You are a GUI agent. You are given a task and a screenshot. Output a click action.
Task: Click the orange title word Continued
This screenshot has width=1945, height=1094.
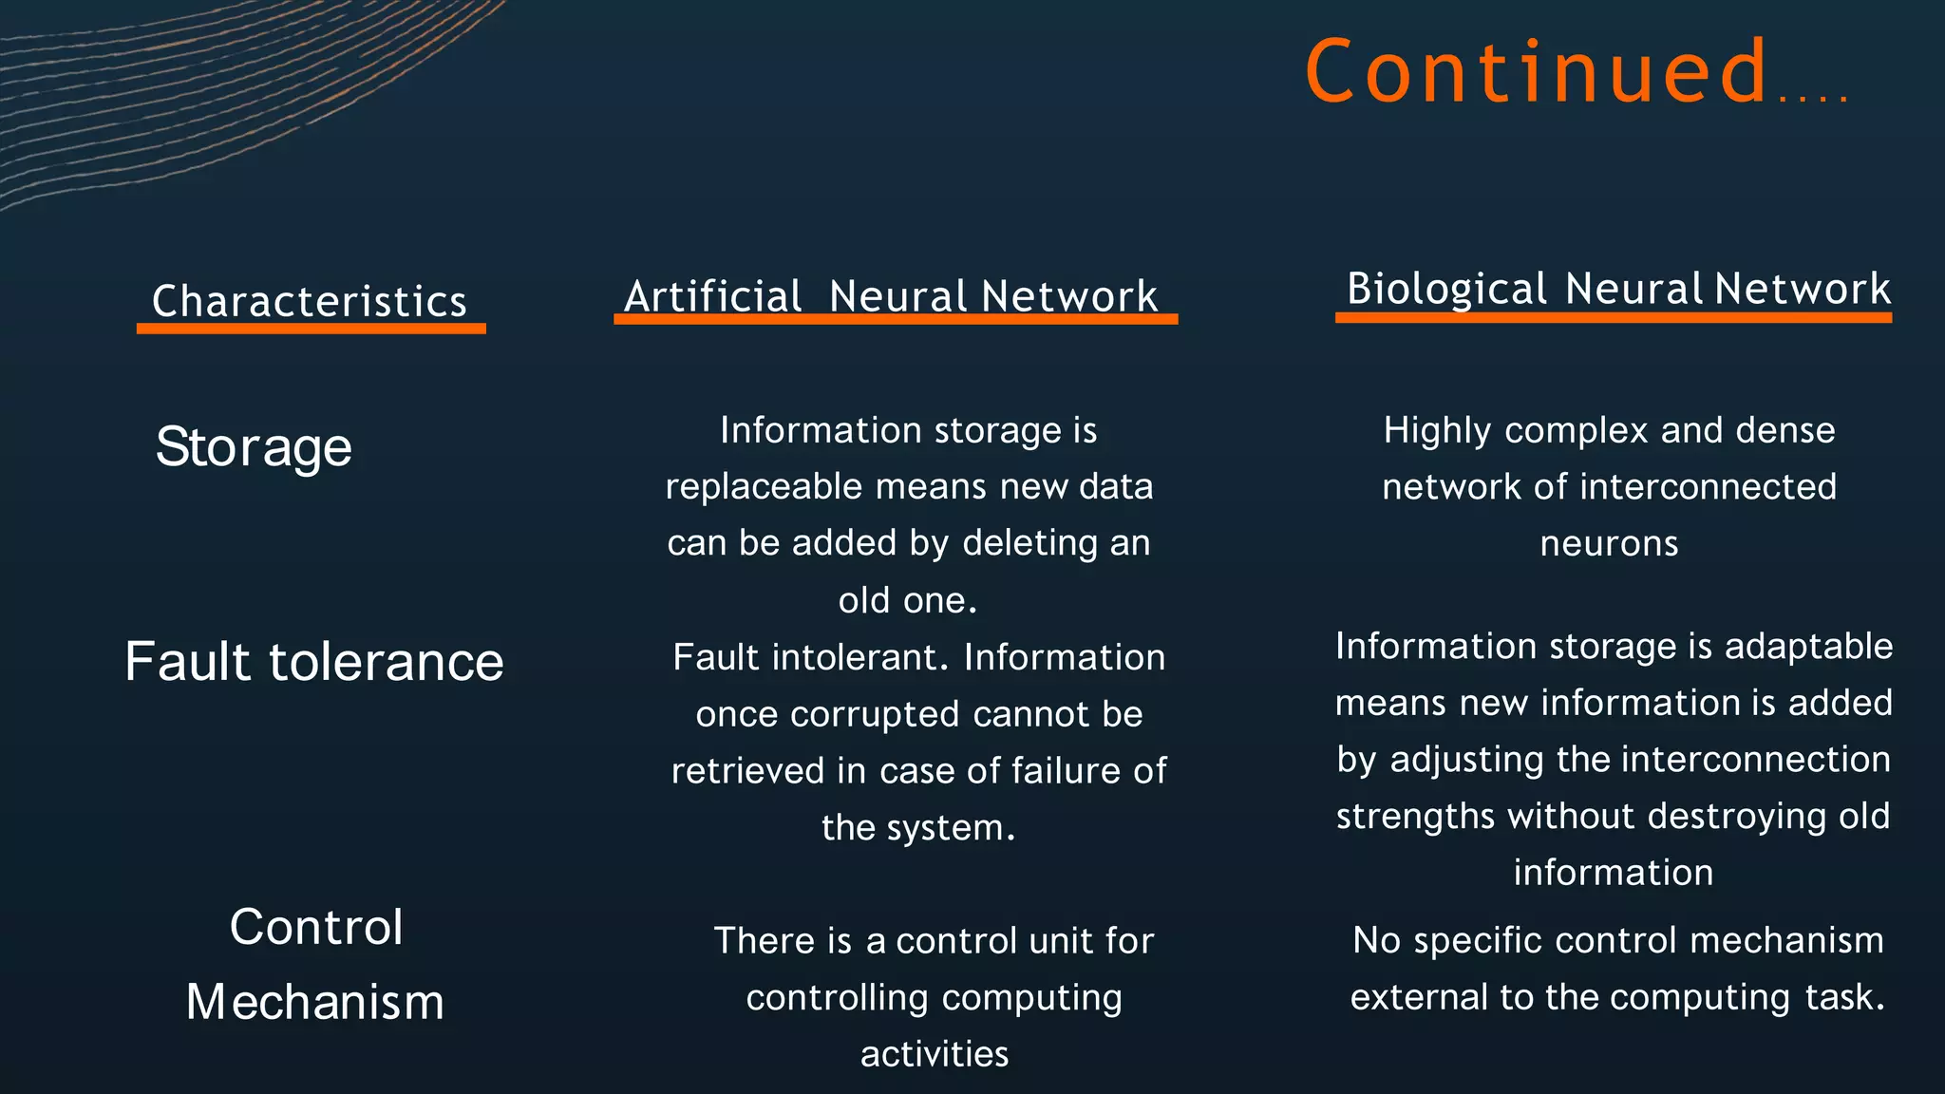pos(1537,71)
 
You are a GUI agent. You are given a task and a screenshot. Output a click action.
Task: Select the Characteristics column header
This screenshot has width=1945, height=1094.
pos(310,301)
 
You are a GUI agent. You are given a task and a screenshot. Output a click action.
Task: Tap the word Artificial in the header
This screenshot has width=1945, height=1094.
pos(713,296)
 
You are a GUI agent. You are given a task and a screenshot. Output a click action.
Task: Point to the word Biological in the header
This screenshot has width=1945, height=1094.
pos(1446,289)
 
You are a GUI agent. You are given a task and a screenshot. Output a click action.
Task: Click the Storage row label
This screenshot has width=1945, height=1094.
pos(254,446)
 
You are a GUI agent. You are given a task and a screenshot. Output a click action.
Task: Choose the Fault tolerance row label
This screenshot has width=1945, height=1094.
pos(314,661)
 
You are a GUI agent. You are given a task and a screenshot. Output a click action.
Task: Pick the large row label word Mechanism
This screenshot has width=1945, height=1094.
pos(315,1002)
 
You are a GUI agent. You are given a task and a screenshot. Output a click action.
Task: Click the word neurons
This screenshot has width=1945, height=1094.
pos(1609,543)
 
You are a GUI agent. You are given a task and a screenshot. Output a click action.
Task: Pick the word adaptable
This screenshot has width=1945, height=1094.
pos(1808,646)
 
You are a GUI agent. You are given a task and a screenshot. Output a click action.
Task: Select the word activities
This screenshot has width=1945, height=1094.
pos(935,1054)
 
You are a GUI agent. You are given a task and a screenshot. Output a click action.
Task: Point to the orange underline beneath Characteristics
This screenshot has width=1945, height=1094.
pos(312,329)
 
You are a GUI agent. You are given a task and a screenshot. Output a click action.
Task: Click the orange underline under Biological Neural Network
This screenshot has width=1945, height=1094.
pos(1613,318)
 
